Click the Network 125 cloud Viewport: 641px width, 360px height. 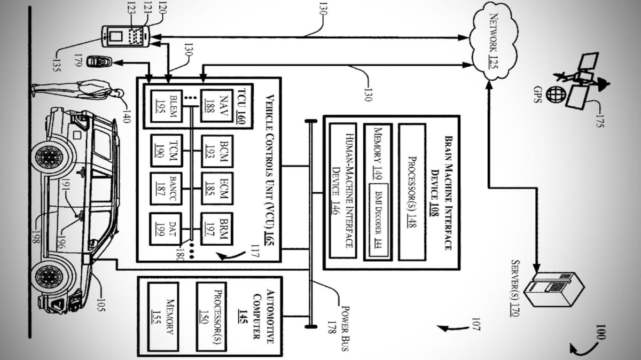click(494, 42)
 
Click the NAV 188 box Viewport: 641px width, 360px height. click(217, 106)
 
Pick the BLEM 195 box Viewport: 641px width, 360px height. click(167, 106)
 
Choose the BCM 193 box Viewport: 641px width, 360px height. click(217, 151)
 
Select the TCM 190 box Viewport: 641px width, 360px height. click(167, 151)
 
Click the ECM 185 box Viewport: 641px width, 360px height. click(217, 189)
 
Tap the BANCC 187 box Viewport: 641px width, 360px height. click(166, 189)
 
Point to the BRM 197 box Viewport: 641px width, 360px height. click(217, 229)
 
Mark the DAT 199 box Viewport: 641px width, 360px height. click(166, 229)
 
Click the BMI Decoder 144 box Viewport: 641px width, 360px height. click(378, 220)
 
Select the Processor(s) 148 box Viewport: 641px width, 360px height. click(412, 192)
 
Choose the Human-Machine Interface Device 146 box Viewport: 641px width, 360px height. click(343, 191)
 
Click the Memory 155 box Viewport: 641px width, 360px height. click(163, 317)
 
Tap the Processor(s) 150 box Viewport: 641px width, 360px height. click(212, 317)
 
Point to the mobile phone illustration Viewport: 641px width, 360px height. click(126, 36)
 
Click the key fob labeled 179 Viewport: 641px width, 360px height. click(99, 61)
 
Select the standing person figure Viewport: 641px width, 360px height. click(78, 90)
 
